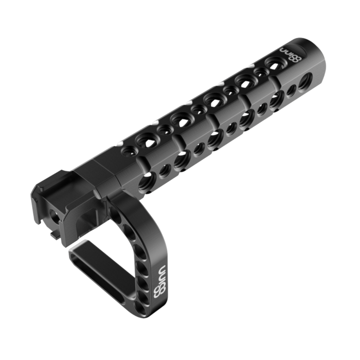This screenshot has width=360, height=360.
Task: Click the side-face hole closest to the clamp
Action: point(145,179)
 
